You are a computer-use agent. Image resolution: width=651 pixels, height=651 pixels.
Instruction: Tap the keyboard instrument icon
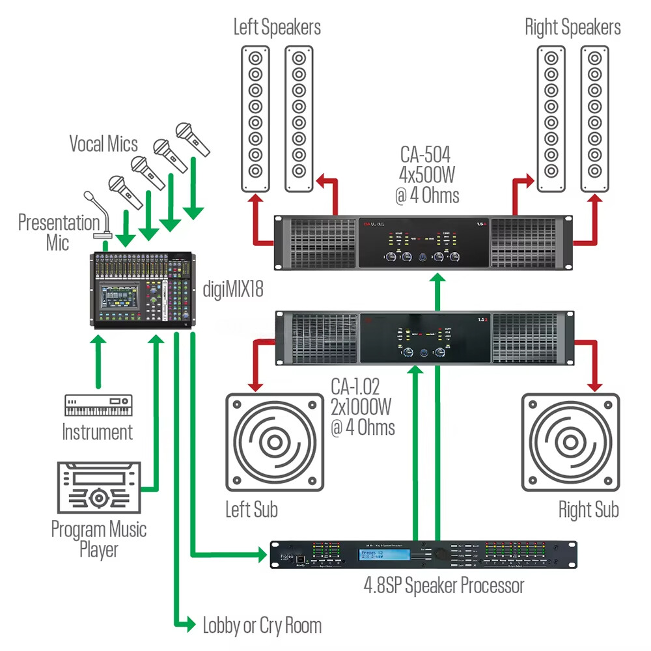(x=98, y=406)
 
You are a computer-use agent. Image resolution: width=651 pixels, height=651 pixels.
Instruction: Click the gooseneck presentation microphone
(x=98, y=215)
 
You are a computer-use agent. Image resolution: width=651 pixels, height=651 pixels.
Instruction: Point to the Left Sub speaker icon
(x=274, y=442)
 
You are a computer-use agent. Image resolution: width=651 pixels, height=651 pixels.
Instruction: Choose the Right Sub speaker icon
(x=571, y=442)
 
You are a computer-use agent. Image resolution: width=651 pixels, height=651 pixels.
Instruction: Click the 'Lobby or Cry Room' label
(x=262, y=626)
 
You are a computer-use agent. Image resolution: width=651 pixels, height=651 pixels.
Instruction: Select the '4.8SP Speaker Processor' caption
(x=443, y=585)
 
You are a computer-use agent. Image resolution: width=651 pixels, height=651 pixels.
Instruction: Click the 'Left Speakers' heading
(x=277, y=27)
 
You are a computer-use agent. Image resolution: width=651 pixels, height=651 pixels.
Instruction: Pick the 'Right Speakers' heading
(x=572, y=27)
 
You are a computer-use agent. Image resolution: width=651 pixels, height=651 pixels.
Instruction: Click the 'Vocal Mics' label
(x=105, y=143)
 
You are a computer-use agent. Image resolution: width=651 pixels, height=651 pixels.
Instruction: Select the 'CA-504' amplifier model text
(x=426, y=157)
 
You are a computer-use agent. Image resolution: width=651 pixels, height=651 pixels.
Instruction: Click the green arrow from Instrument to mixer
(x=98, y=362)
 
